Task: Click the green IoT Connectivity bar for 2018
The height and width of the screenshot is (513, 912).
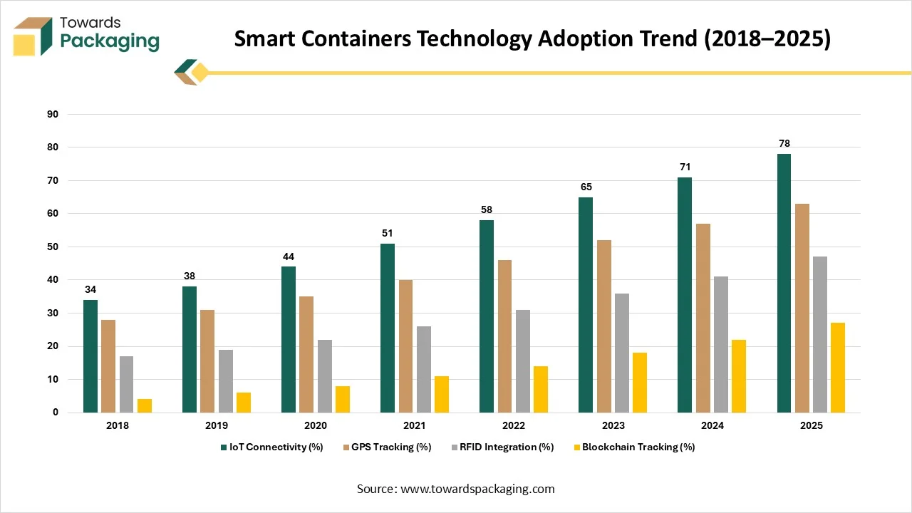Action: (90, 356)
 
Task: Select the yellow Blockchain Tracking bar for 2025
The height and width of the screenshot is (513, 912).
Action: (838, 368)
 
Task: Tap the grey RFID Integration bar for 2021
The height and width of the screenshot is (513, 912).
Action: (424, 369)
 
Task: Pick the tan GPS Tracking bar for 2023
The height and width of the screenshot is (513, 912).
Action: (603, 326)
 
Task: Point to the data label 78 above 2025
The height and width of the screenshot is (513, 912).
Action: (784, 144)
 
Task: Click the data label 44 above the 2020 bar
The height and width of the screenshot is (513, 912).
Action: (289, 256)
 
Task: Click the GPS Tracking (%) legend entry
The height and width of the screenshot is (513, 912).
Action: (390, 447)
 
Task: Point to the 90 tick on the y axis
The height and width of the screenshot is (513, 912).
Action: (53, 114)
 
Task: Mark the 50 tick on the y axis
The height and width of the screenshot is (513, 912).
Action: (53, 247)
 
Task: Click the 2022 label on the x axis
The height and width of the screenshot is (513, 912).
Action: (514, 425)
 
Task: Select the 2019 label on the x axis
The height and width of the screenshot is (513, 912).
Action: (217, 425)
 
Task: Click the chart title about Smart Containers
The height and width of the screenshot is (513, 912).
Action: (532, 40)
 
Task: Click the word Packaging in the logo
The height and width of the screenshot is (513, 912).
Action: (110, 41)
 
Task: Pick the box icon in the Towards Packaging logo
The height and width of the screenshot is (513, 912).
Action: (33, 36)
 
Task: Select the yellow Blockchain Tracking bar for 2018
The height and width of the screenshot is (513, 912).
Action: (145, 405)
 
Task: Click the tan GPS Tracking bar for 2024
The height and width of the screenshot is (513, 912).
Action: (703, 318)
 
